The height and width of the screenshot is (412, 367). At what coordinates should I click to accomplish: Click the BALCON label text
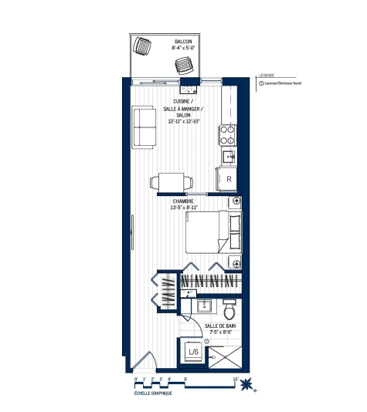point(182,41)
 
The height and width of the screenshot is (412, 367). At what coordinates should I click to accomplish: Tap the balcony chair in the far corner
point(142,46)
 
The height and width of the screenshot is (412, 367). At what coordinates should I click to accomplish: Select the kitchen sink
point(229,157)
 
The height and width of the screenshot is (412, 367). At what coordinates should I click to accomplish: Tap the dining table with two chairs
point(166,182)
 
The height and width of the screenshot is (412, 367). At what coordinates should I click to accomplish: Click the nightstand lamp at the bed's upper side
point(236,202)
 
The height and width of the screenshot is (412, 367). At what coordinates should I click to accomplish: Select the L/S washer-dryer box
point(193,353)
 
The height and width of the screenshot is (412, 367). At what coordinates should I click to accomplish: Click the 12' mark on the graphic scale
point(234,377)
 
